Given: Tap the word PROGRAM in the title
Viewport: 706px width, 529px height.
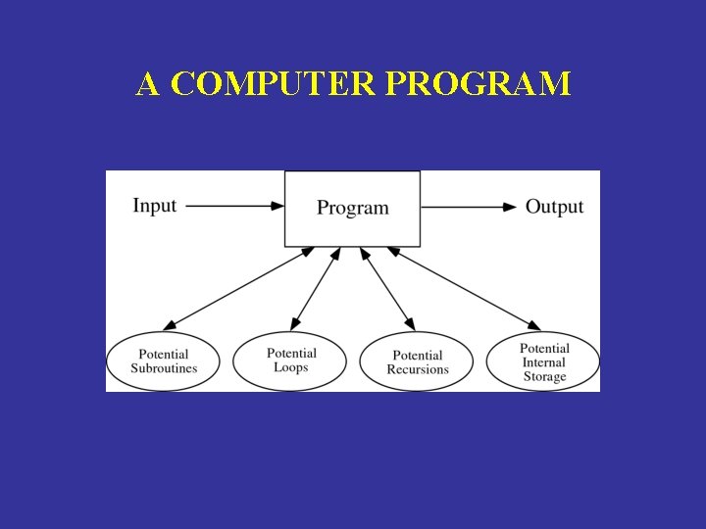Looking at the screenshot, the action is pyautogui.click(x=478, y=84).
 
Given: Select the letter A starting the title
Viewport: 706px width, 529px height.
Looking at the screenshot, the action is pyautogui.click(x=148, y=84).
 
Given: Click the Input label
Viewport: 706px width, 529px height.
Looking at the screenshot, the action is pyautogui.click(x=155, y=206).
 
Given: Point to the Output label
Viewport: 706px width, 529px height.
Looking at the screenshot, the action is pyautogui.click(x=554, y=207).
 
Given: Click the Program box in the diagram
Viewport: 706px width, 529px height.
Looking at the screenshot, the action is pyautogui.click(x=353, y=208).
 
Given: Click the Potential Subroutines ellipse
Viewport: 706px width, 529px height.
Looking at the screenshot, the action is pyautogui.click(x=164, y=361).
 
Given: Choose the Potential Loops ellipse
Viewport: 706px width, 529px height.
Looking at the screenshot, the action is pyautogui.click(x=290, y=361).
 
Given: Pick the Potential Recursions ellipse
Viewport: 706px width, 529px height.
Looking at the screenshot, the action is pyautogui.click(x=417, y=361).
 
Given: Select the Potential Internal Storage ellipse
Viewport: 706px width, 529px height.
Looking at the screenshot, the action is pyautogui.click(x=544, y=361).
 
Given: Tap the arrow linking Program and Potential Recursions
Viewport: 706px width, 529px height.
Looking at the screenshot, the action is pyautogui.click(x=389, y=287).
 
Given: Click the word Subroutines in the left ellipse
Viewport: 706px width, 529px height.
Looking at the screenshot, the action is pyautogui.click(x=164, y=368).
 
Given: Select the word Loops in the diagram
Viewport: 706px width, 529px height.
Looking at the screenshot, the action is pyautogui.click(x=290, y=367).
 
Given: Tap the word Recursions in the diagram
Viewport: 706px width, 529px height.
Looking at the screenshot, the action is pyautogui.click(x=417, y=369).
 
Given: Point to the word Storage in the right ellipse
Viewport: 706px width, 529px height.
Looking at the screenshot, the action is pyautogui.click(x=544, y=376).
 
